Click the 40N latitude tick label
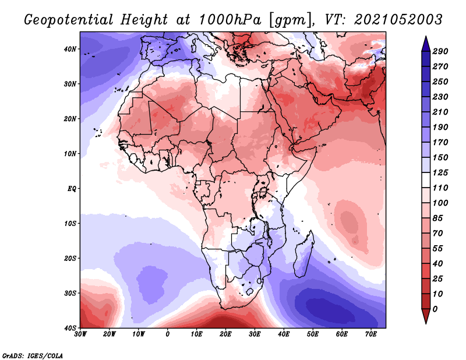pyautogui.click(x=70, y=49)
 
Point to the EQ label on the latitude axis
pyautogui.click(x=72, y=189)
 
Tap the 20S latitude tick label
pyautogui.click(x=70, y=258)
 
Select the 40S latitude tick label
pyautogui.click(x=70, y=328)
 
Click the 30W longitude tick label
pyautogui.click(x=80, y=334)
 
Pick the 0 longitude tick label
pyautogui.click(x=168, y=334)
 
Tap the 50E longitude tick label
pyautogui.click(x=313, y=334)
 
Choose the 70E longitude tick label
pyautogui.click(x=371, y=334)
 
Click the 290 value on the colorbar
pyautogui.click(x=440, y=51)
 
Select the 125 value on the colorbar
pyautogui.click(x=440, y=172)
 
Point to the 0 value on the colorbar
pyautogui.click(x=435, y=309)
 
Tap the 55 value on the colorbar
pyautogui.click(x=437, y=249)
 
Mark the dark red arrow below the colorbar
pyautogui.click(x=426, y=316)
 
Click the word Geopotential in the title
pyautogui.click(x=69, y=20)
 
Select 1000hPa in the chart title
pyautogui.click(x=230, y=20)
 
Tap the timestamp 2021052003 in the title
pyautogui.click(x=398, y=20)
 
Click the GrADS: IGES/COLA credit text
pyautogui.click(x=33, y=355)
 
